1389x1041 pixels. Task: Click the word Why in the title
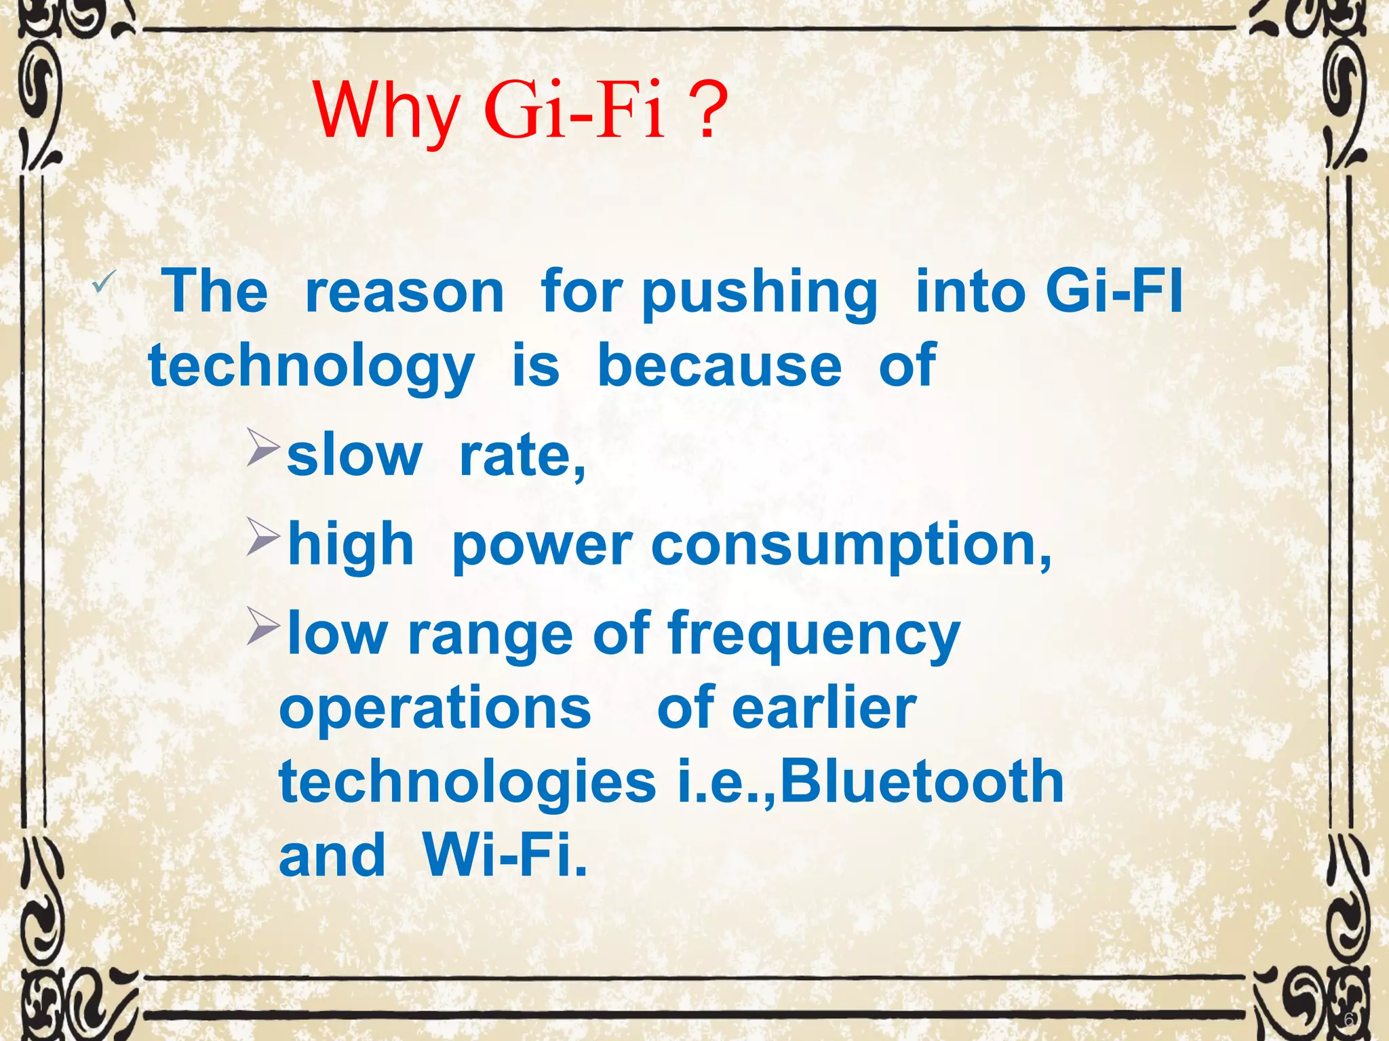[x=387, y=112]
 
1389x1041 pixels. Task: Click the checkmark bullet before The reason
[x=104, y=281]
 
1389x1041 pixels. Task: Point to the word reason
[x=405, y=292]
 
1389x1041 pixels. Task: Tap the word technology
[x=311, y=368]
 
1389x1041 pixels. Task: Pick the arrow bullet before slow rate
[x=262, y=447]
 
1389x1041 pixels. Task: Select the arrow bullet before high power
[x=262, y=537]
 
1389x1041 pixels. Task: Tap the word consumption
[x=851, y=546]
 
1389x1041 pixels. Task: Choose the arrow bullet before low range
[x=262, y=626]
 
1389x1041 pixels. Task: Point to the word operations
[x=435, y=709]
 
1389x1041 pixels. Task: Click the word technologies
[x=467, y=783]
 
